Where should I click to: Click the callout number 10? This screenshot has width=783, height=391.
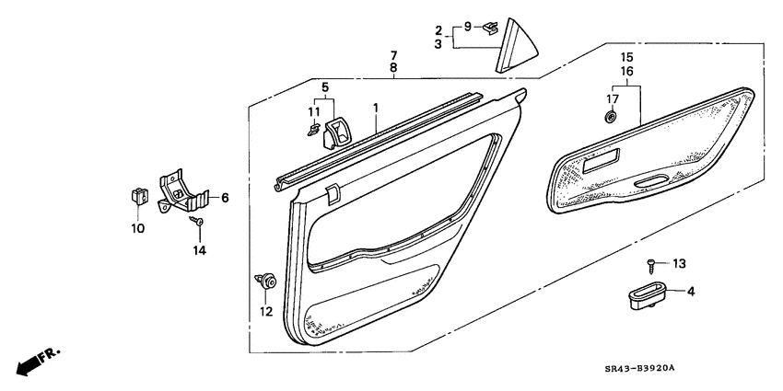pyautogui.click(x=138, y=228)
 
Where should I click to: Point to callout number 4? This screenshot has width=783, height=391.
pyautogui.click(x=692, y=292)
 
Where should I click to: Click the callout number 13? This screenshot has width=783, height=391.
pyautogui.click(x=679, y=264)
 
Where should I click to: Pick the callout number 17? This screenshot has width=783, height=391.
pyautogui.click(x=612, y=98)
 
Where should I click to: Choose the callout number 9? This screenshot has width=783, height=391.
pyautogui.click(x=467, y=26)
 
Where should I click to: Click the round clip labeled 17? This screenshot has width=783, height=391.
pyautogui.click(x=612, y=117)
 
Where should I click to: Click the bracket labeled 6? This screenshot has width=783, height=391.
pyautogui.click(x=184, y=192)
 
